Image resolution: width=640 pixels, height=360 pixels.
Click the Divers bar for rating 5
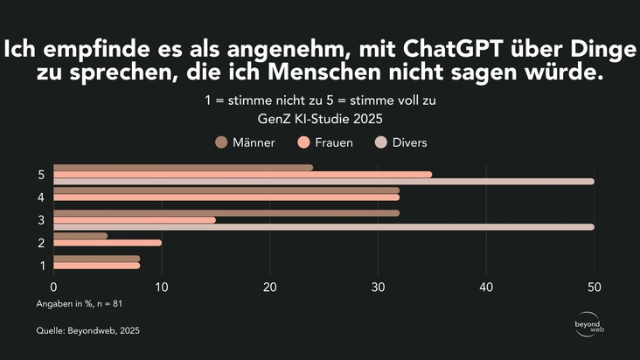point(323,182)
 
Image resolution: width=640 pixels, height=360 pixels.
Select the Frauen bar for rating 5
point(243,175)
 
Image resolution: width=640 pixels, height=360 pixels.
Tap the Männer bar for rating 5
point(184,168)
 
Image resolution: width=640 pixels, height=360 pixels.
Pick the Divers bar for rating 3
point(323,227)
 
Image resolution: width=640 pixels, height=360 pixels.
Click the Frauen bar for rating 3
point(135,220)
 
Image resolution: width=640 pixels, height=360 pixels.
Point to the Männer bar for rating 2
point(80,235)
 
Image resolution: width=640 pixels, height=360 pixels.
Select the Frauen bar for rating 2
point(108,243)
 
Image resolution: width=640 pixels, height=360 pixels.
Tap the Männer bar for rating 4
point(226,190)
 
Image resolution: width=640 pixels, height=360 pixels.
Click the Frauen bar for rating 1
point(96,265)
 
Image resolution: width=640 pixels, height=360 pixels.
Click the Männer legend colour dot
point(221,142)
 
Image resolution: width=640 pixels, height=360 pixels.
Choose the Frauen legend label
point(334,142)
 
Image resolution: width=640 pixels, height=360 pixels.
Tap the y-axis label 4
point(42,197)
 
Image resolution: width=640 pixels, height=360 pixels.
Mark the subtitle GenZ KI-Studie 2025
point(320,118)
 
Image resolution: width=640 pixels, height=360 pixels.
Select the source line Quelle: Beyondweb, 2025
point(87,331)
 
